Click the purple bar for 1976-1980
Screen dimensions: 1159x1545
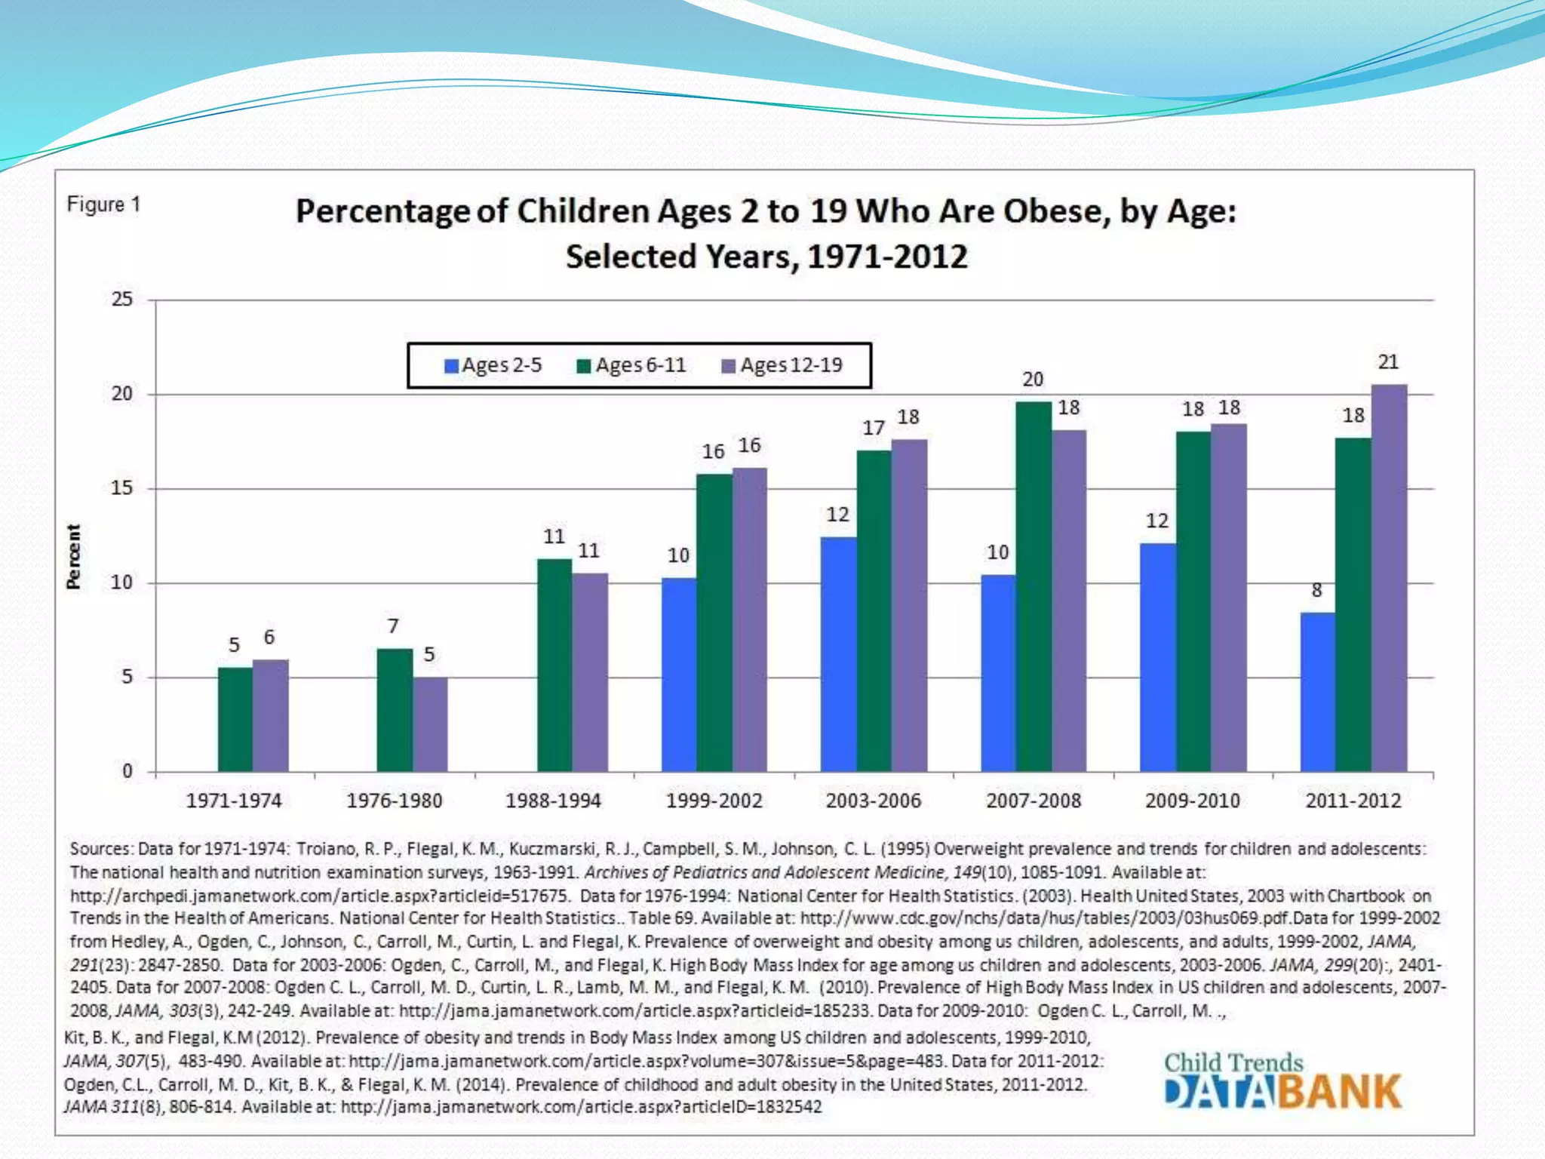[430, 724]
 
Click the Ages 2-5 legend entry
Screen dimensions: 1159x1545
[493, 366]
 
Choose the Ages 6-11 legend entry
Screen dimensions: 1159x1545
[632, 366]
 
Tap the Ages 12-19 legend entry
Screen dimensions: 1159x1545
[782, 366]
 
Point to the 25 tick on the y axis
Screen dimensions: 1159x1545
[122, 300]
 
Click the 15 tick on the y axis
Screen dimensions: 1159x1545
[122, 488]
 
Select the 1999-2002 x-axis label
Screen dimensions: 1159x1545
[714, 801]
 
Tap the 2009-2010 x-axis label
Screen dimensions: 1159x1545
[1193, 801]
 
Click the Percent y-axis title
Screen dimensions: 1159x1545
[73, 556]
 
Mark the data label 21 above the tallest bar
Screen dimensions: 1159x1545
[1389, 362]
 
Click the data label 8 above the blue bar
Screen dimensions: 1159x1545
[1317, 591]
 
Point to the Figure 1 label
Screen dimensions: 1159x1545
[104, 204]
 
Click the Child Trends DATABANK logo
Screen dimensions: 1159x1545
[1282, 1081]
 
